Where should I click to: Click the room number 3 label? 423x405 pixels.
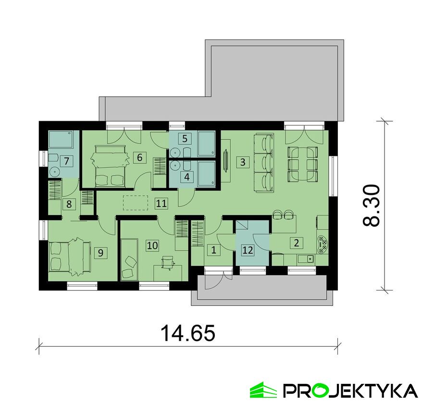point(243,162)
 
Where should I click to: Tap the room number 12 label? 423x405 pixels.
point(248,250)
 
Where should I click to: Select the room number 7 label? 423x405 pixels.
point(67,161)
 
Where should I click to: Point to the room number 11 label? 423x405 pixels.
point(162,203)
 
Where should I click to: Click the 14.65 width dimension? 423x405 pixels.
point(188,333)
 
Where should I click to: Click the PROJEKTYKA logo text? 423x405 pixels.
point(350,390)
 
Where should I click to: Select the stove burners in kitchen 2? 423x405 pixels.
point(323,244)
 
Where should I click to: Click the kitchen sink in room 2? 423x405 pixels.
point(306,259)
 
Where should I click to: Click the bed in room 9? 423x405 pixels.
point(70,256)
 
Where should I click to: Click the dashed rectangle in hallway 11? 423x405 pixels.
point(136,203)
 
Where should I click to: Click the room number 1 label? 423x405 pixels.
point(213,250)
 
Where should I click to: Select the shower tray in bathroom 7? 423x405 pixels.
point(61,139)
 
